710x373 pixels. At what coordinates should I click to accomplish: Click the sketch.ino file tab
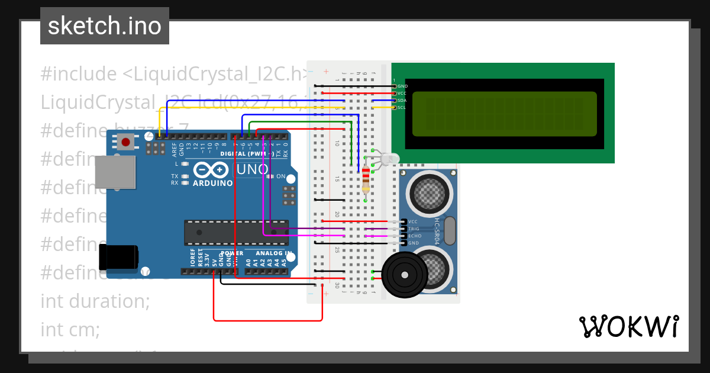(104, 26)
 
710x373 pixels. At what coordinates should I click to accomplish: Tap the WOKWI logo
(628, 326)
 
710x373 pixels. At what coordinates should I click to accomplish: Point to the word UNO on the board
(253, 170)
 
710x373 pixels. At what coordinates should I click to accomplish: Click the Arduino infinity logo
(211, 171)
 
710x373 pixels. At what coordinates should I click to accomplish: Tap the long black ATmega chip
(235, 233)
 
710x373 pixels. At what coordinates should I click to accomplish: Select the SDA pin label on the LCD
(402, 101)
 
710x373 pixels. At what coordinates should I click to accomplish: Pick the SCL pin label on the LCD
(402, 108)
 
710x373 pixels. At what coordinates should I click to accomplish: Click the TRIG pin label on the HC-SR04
(414, 229)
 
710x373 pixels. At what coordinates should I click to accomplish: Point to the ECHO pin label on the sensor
(414, 236)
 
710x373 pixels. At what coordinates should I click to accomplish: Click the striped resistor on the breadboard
(366, 179)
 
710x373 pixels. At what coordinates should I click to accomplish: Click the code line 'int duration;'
(95, 301)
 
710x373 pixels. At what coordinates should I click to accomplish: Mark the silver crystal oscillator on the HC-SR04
(450, 231)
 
